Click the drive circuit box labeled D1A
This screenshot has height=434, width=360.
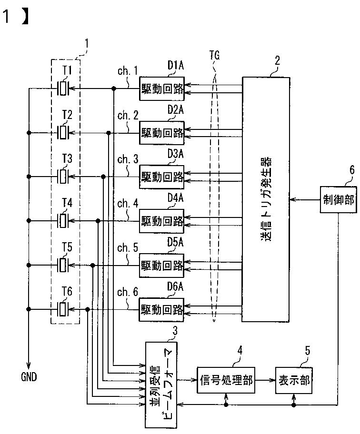click(x=162, y=89)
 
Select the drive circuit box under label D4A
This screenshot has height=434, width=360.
click(x=162, y=221)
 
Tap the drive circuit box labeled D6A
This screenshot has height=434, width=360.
click(x=161, y=310)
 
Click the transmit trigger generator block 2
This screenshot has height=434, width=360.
click(x=266, y=199)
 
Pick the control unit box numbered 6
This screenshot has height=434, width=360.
click(x=339, y=199)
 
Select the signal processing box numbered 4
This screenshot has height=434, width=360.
click(x=226, y=380)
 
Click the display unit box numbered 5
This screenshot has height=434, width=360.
click(x=294, y=380)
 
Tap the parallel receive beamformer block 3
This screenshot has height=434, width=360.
click(x=161, y=385)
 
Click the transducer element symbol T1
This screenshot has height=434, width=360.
click(x=63, y=89)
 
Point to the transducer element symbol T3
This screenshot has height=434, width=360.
click(x=63, y=177)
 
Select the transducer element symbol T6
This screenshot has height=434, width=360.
click(x=63, y=309)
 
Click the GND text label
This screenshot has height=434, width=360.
click(x=29, y=377)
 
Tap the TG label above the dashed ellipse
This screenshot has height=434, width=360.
click(x=215, y=55)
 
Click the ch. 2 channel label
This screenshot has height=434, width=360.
click(x=128, y=115)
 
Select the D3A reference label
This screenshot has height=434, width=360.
click(x=176, y=154)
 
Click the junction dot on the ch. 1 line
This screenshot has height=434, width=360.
click(x=113, y=89)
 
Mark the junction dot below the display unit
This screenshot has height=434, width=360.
click(x=294, y=405)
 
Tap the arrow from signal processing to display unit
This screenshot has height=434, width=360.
click(x=265, y=380)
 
